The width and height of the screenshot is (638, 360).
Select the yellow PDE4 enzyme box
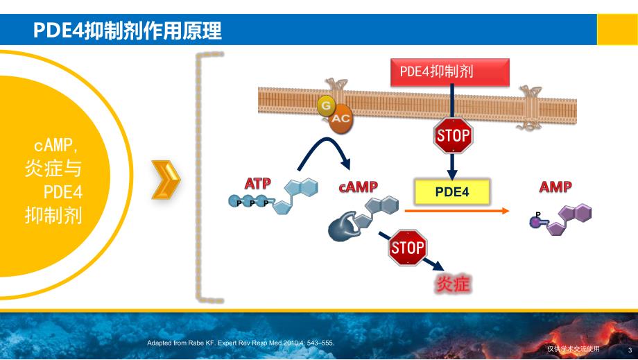pos(452,191)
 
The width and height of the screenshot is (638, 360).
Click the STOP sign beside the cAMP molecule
pos(407,248)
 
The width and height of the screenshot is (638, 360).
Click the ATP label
pos(257,184)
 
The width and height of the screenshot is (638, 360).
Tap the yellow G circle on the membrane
pos(325,106)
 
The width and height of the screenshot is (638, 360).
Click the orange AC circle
pos(340,119)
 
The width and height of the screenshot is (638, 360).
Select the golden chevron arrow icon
pos(166,180)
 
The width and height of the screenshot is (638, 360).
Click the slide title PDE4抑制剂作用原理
pos(128,31)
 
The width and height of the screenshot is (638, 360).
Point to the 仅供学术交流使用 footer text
pos(573,349)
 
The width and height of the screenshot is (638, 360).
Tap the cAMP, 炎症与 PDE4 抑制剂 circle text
pos(60,180)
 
